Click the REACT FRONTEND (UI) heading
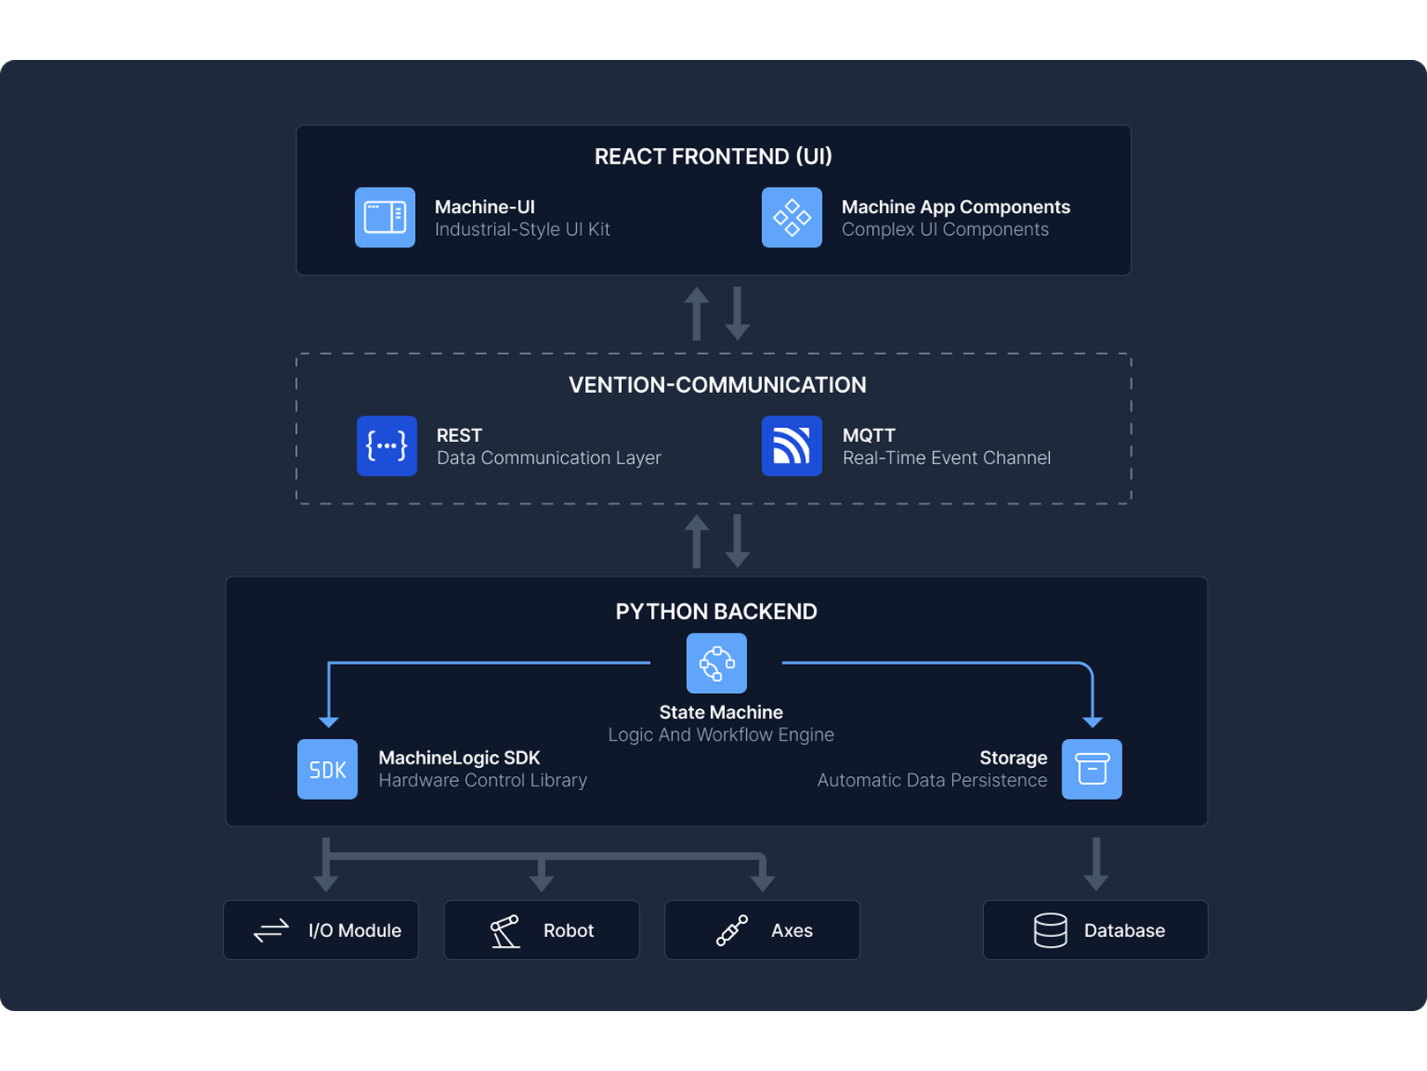point(713,157)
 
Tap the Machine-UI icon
point(385,218)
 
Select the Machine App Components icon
point(791,218)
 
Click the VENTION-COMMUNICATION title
point(717,385)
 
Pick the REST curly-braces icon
point(387,446)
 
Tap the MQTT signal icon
point(791,446)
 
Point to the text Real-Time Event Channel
point(946,458)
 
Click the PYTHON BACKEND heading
point(715,611)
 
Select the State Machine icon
point(716,663)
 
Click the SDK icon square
point(327,769)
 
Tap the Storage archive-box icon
point(1091,769)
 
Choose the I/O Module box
point(321,930)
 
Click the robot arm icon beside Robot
point(505,931)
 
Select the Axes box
point(762,930)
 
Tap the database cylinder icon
point(1050,930)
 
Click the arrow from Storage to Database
point(1096,864)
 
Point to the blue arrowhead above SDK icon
point(329,721)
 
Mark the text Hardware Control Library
point(482,780)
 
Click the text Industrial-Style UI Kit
point(521,230)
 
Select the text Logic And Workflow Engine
point(721,735)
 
